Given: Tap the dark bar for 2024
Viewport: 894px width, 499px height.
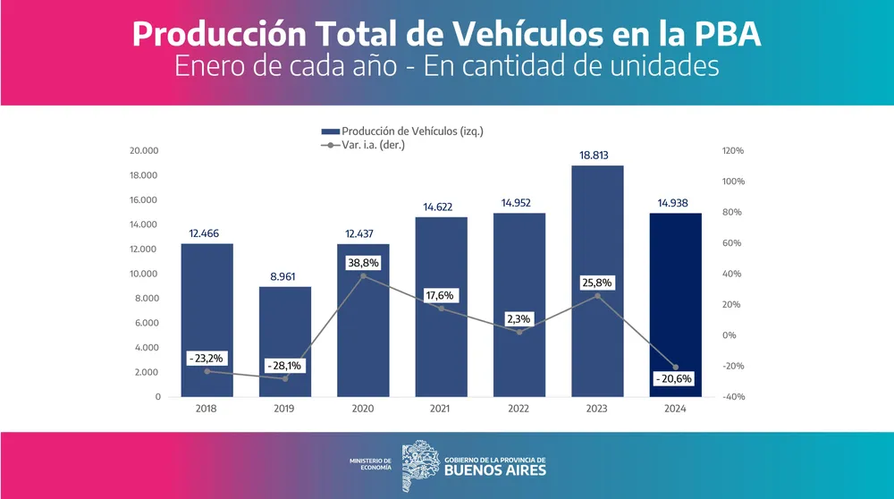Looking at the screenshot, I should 675,295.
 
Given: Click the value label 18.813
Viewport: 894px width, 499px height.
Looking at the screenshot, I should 597,155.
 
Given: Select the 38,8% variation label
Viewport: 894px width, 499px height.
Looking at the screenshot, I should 363,264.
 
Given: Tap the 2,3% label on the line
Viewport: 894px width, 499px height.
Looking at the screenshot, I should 519,317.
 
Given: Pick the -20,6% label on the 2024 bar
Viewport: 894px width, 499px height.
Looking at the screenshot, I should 675,379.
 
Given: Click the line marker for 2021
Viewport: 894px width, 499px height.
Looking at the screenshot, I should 442,309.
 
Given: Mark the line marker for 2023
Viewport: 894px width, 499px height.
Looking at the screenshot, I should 597,296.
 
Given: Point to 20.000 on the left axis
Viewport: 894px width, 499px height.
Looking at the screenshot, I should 144,151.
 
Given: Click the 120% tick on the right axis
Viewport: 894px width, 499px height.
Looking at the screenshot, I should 732,151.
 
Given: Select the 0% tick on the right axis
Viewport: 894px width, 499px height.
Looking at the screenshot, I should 728,335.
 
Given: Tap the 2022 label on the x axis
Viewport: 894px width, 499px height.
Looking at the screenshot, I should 519,409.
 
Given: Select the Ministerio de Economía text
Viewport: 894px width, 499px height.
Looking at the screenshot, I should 370,464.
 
